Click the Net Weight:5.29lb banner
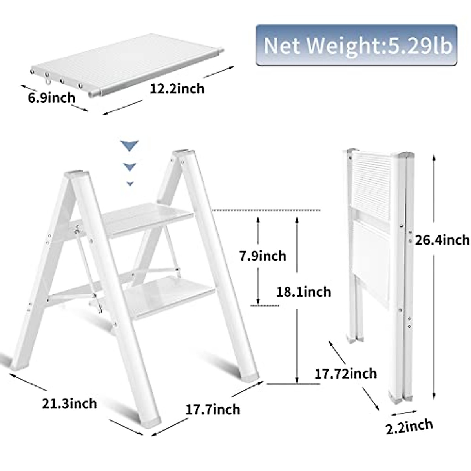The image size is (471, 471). [356, 45]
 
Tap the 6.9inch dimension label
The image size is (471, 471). [51, 97]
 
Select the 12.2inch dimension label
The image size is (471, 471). [177, 88]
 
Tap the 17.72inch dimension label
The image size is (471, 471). [346, 373]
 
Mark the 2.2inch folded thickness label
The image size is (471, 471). [409, 426]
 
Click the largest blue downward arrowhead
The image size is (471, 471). [130, 146]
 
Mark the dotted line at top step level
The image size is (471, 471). [267, 210]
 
